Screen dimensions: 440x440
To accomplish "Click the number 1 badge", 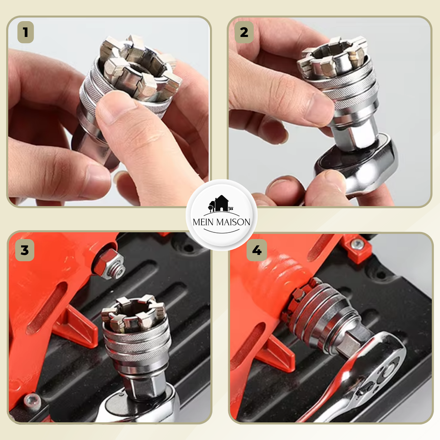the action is point(26,32).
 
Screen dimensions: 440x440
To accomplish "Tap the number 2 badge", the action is point(244,32).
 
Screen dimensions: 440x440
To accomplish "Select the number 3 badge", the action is point(25,250).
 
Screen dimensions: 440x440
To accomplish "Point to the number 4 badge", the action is point(257,250).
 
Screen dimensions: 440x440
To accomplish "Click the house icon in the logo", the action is point(221,204).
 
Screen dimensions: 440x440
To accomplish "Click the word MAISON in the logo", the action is point(233,222).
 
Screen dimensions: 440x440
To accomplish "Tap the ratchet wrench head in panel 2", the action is point(356,164).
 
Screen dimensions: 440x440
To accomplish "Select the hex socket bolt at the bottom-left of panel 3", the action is point(32,400).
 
